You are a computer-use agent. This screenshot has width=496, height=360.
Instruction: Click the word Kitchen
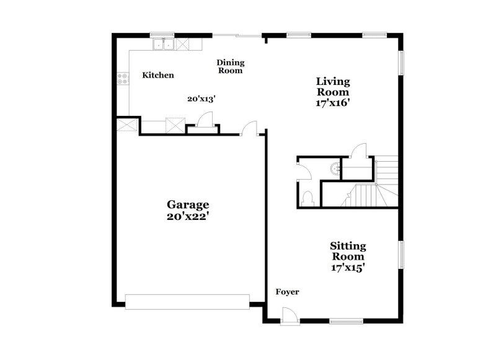click(158, 75)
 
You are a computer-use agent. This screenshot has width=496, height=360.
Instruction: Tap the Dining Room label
click(230, 66)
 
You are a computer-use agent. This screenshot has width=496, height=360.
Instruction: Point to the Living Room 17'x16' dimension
click(333, 103)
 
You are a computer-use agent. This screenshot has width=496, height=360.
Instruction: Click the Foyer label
click(288, 291)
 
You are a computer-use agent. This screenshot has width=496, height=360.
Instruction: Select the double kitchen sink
click(164, 44)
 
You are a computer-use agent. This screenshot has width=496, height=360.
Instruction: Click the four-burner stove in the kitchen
click(123, 79)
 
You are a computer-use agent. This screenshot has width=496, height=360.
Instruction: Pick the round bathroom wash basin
click(335, 166)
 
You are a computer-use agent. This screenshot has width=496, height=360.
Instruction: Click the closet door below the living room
click(359, 151)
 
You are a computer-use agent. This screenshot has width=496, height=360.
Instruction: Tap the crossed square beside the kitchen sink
click(183, 44)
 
